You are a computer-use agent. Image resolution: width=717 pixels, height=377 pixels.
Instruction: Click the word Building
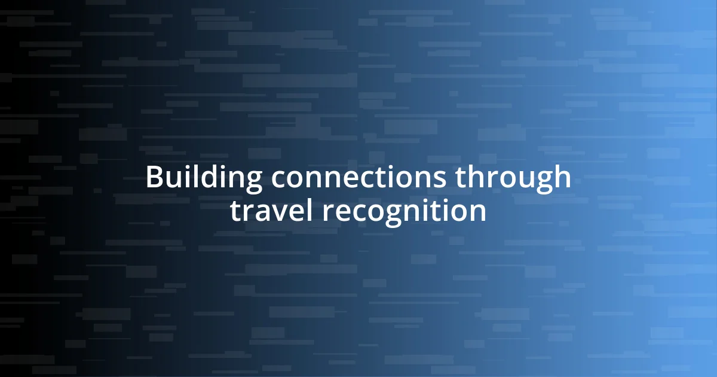[204, 178]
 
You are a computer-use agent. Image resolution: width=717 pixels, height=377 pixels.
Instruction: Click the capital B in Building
[155, 178]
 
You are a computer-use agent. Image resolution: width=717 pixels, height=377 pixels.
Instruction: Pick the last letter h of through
[563, 178]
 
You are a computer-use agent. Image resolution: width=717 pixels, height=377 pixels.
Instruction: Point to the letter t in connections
[382, 178]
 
